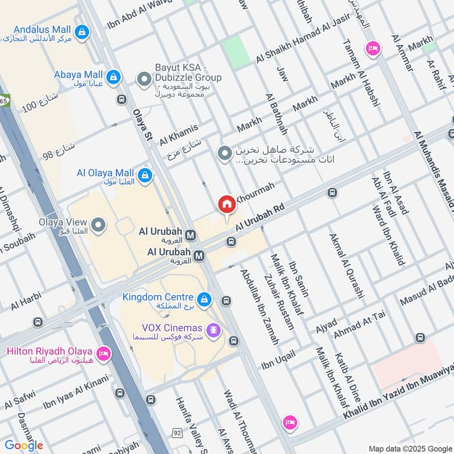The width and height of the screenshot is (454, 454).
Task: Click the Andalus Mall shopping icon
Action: [83, 31]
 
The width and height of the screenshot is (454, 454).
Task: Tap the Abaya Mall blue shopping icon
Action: [114, 76]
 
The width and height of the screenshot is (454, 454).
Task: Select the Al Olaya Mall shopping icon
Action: [146, 174]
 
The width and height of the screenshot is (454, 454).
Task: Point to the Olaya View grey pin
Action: [99, 226]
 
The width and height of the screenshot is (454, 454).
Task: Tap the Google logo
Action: [24, 445]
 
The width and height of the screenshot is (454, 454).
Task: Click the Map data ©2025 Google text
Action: [410, 448]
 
